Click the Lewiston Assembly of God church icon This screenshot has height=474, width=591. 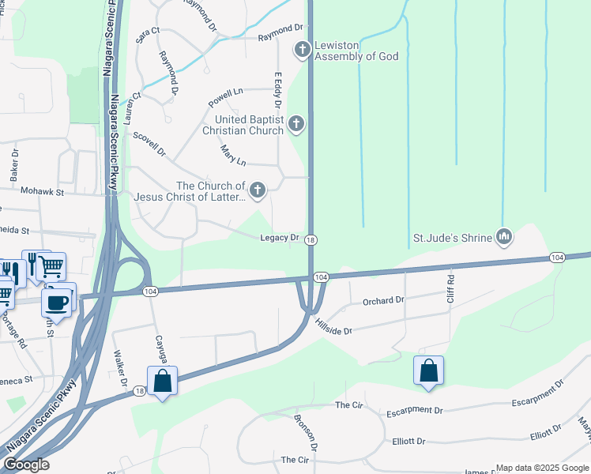tap(302, 51)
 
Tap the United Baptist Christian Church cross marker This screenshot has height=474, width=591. tap(296, 123)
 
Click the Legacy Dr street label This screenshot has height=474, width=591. tap(280, 238)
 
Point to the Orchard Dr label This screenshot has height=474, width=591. tap(382, 301)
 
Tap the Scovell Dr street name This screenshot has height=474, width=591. tap(149, 143)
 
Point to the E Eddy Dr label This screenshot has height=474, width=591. tap(278, 91)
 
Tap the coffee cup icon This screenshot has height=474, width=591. tap(58, 301)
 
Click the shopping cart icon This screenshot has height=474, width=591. tap(51, 266)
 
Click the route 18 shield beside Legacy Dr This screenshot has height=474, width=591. tap(311, 240)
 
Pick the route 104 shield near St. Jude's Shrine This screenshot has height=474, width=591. tap(557, 258)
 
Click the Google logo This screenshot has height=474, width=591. tap(25, 465)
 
